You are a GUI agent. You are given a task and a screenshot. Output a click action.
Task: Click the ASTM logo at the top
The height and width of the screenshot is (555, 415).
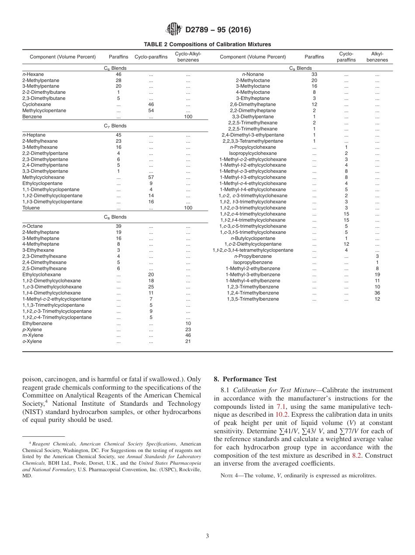[174, 30]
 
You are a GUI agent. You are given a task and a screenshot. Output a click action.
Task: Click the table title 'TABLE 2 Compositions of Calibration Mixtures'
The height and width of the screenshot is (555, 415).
[207, 44]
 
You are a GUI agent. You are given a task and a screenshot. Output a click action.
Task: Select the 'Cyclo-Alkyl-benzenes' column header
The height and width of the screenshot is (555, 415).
[188, 57]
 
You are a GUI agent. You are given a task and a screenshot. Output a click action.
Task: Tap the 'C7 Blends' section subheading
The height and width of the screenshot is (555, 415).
[115, 126]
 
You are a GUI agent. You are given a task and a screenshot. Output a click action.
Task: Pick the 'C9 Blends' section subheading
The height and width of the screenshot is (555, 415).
[300, 69]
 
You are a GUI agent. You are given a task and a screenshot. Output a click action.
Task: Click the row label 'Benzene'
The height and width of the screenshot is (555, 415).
[32, 117]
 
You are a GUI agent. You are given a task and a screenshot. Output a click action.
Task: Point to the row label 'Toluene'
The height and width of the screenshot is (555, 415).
[31, 208]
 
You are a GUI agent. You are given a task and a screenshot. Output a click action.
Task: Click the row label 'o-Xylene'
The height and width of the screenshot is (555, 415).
[32, 342]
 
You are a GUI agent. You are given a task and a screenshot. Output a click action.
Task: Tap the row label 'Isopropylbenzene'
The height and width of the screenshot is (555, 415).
[252, 263]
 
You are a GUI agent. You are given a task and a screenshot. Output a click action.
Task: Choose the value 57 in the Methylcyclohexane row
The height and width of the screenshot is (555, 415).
[151, 178]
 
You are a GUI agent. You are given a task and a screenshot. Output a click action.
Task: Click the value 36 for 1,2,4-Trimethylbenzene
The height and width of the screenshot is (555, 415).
[377, 293]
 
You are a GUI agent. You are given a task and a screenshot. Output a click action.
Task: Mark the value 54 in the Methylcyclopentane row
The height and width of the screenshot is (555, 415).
[151, 111]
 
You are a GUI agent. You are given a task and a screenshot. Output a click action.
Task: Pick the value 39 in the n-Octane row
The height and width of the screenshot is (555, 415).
[118, 226]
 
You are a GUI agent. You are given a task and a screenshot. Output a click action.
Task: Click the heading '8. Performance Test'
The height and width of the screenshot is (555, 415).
[245, 379]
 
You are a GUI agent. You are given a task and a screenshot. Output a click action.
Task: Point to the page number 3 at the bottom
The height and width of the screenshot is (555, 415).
[207, 536]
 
